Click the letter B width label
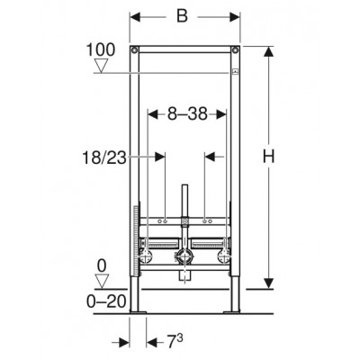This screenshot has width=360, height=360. pos(182,16)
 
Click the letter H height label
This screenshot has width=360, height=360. pos(268,157)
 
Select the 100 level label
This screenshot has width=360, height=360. pos(101,49)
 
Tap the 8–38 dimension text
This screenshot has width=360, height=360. pos(187,114)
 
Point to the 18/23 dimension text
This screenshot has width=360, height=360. pos(104,157)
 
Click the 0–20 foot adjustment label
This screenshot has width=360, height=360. pos(106,301)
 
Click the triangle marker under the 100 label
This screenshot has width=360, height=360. pos(101,67)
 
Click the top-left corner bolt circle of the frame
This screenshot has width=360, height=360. pos(134,49)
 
